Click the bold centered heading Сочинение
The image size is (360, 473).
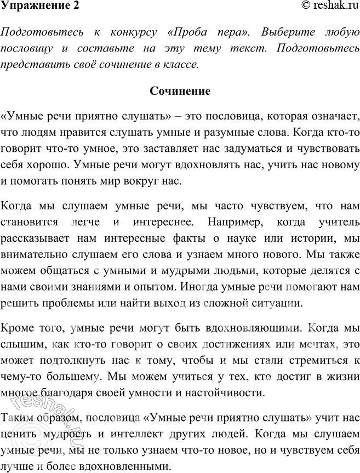click(x=180, y=91)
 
